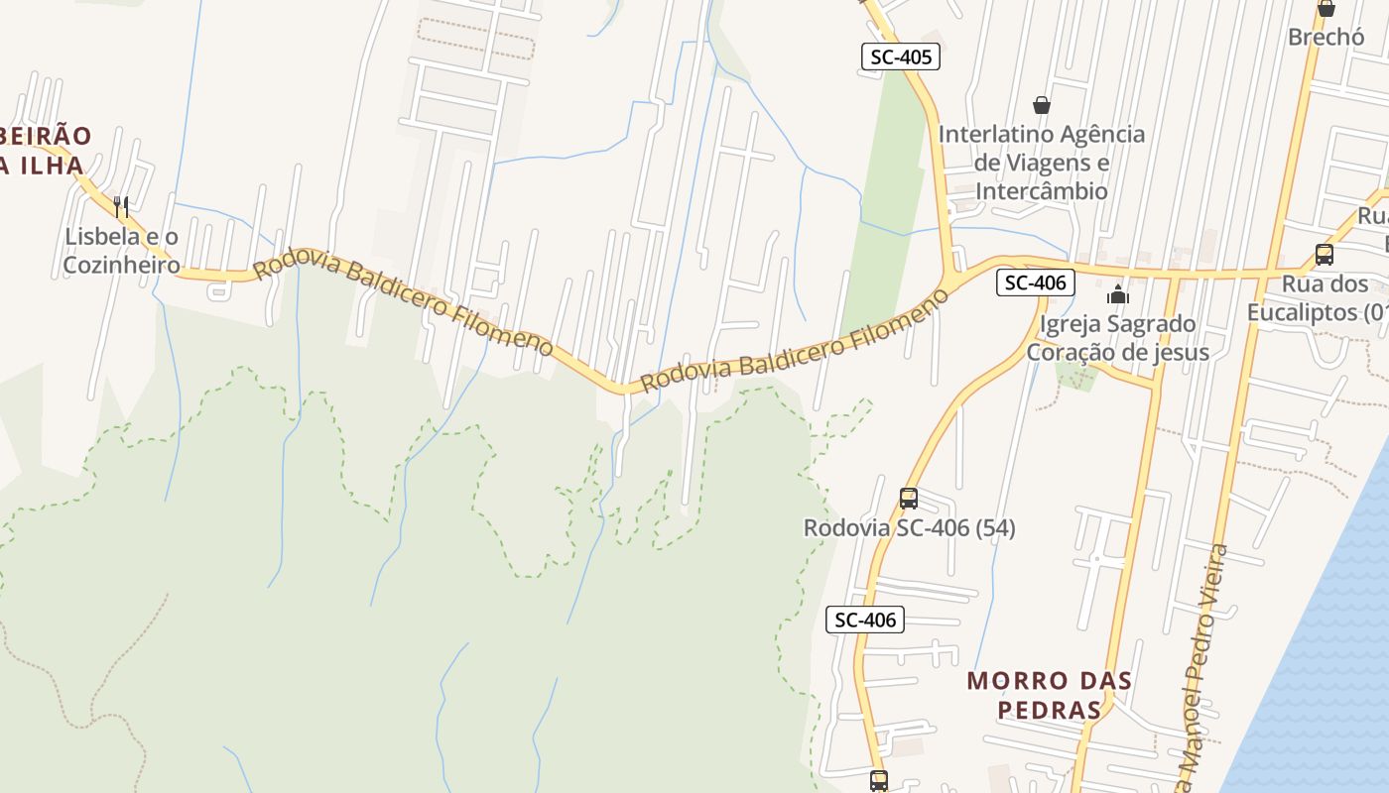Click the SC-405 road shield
click(x=901, y=57)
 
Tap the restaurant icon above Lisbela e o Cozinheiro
click(x=121, y=207)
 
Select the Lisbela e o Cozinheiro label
click(x=121, y=251)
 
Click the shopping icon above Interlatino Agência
click(x=1042, y=104)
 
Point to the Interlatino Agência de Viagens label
click(x=1042, y=162)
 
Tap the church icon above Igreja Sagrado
click(x=1118, y=294)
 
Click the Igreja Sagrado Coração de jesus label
click(x=1117, y=338)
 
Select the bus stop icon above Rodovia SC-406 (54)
click(x=908, y=499)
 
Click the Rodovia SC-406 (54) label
click(x=909, y=528)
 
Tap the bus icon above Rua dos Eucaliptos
click(x=1324, y=255)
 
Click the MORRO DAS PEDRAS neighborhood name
click(x=1049, y=695)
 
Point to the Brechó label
click(x=1326, y=37)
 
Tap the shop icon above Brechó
click(x=1326, y=9)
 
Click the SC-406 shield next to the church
click(x=1035, y=283)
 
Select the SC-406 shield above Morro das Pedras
click(x=865, y=621)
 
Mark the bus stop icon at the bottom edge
click(x=878, y=781)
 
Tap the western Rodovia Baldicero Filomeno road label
click(x=403, y=306)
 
